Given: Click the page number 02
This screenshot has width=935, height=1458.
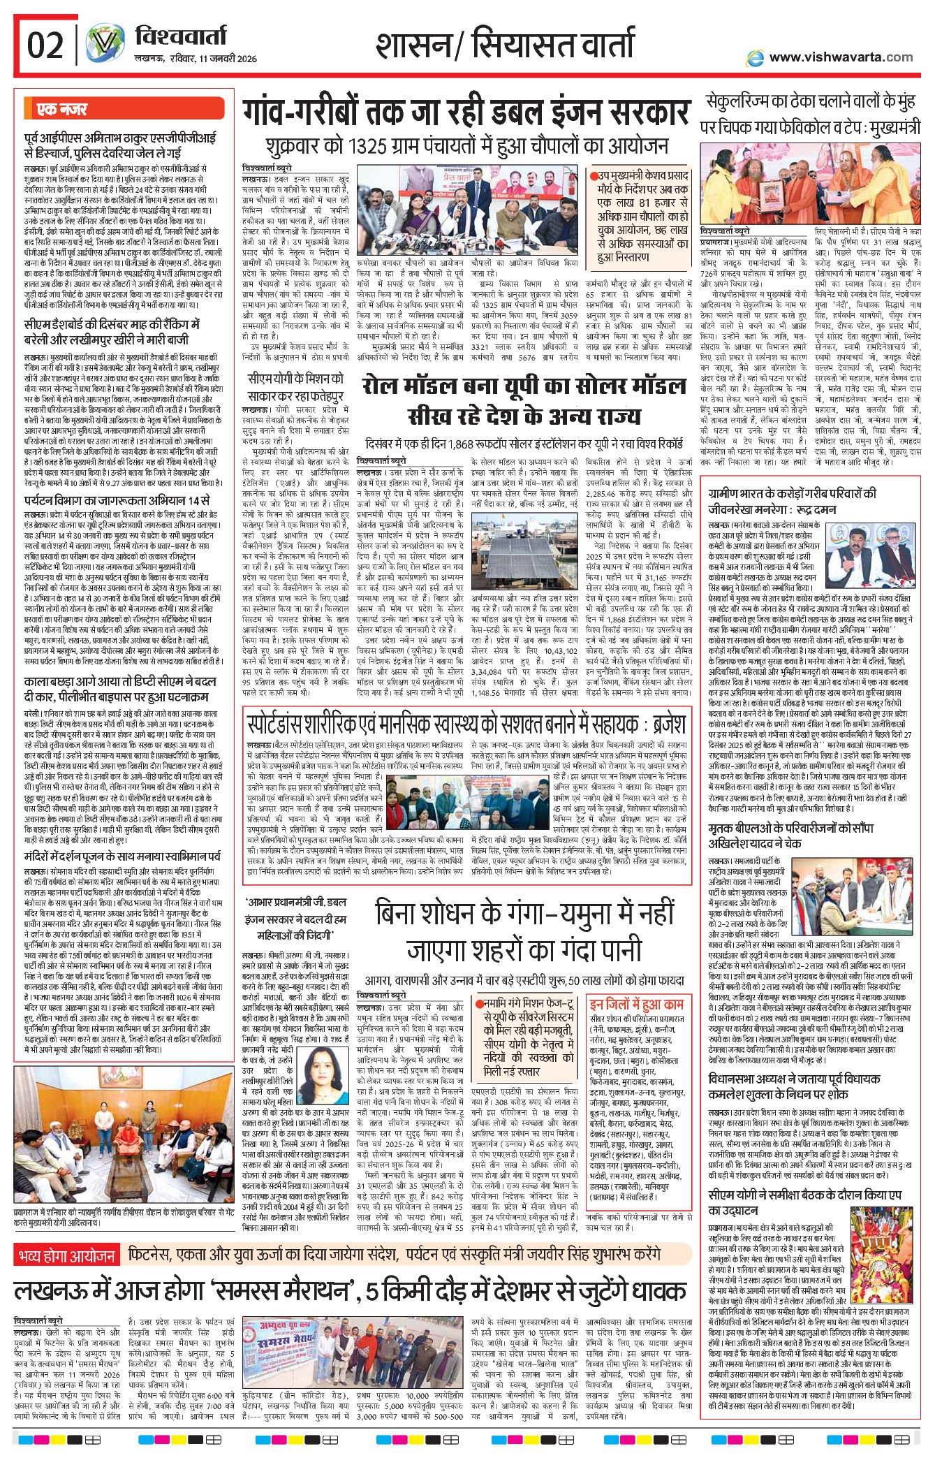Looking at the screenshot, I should click(x=45, y=46).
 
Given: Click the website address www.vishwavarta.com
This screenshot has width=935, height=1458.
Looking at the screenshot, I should click(x=841, y=57).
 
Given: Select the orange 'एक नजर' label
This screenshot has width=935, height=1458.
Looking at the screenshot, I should click(x=62, y=110).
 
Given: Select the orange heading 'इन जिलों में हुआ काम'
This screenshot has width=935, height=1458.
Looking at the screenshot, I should click(x=636, y=1005).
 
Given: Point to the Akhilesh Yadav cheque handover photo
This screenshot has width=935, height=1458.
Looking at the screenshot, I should click(x=870, y=897).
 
